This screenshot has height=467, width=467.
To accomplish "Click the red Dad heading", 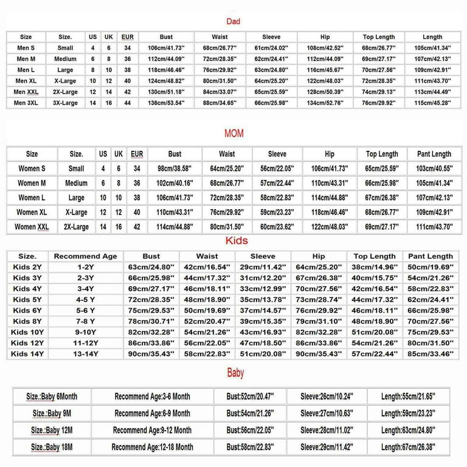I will pyautogui.click(x=233, y=21).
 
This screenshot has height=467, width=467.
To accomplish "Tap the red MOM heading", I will pyautogui.click(x=233, y=133).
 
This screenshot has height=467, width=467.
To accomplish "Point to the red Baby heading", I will pyautogui.click(x=235, y=373).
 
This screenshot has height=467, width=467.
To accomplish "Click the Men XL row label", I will pyautogui.click(x=26, y=81).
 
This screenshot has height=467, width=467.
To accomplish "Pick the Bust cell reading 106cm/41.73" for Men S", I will pyautogui.click(x=166, y=48).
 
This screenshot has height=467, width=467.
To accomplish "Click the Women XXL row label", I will pyautogui.click(x=32, y=227).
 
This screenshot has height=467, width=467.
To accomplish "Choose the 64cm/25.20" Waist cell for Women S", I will pyautogui.click(x=226, y=168).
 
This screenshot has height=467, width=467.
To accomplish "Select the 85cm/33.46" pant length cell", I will pyautogui.click(x=431, y=354).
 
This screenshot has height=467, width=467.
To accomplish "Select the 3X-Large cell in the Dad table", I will pyautogui.click(x=65, y=103).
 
